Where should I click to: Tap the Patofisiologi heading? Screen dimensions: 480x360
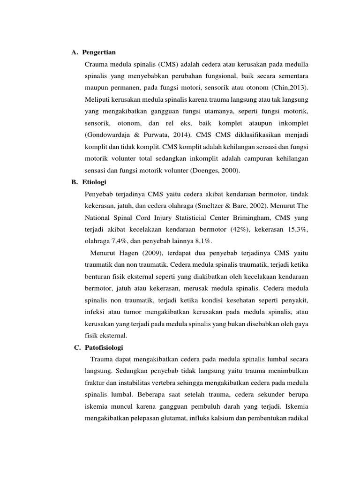pos(104,347)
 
